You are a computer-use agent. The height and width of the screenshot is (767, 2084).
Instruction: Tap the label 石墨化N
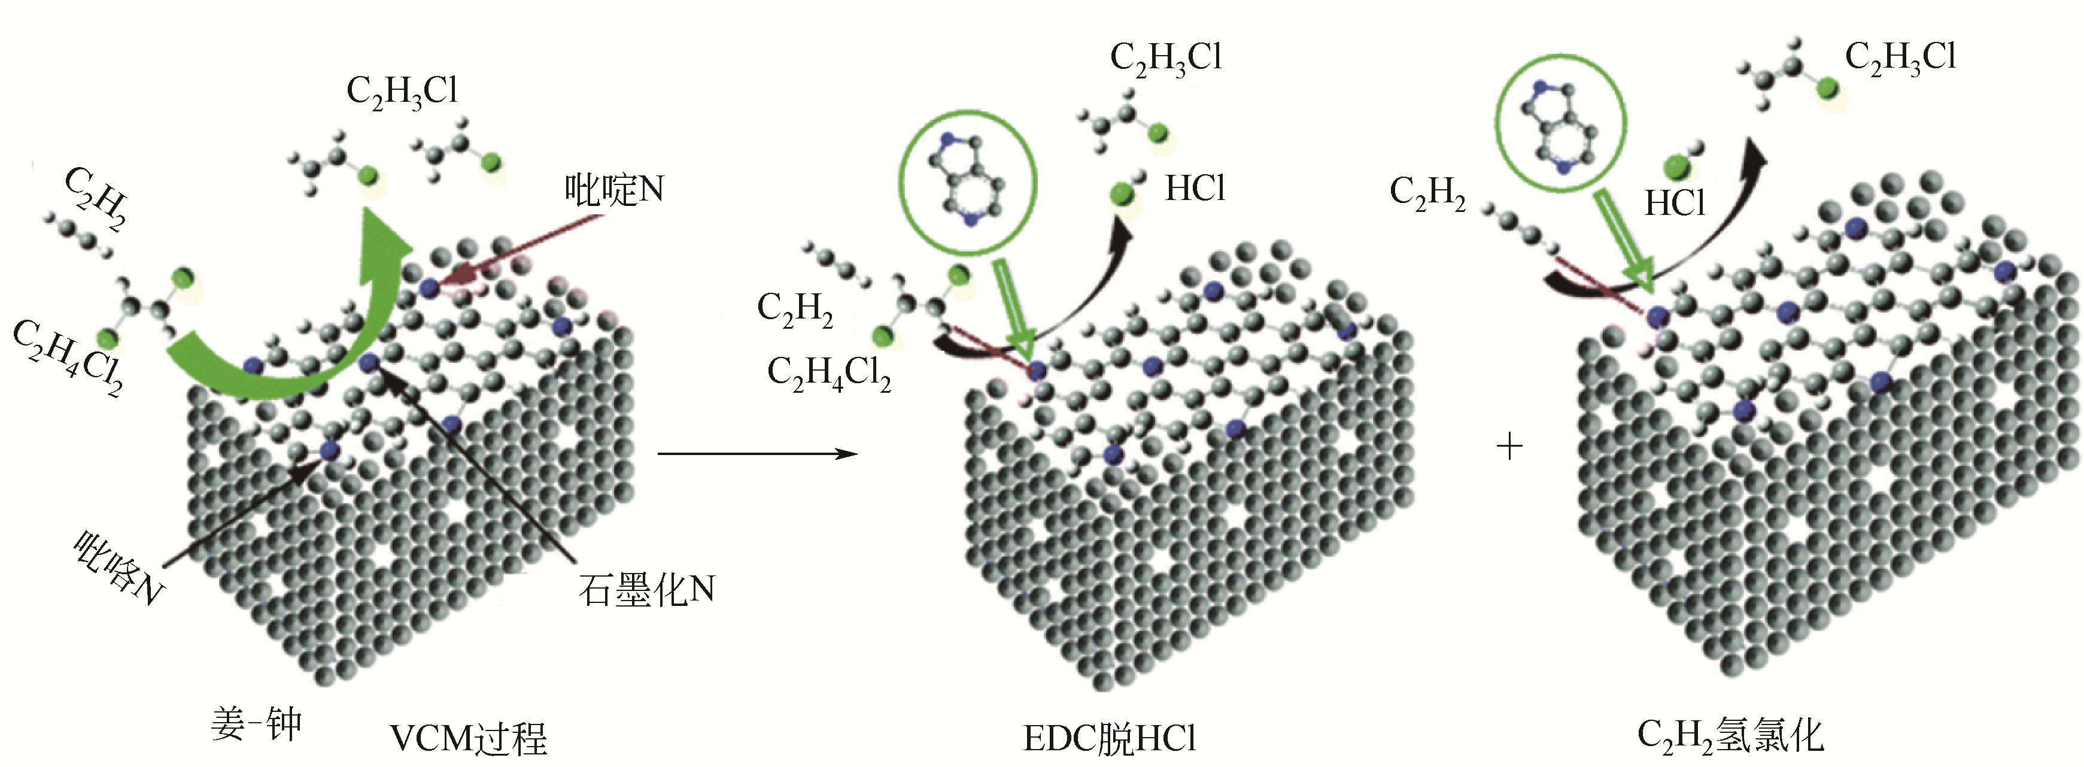click(646, 590)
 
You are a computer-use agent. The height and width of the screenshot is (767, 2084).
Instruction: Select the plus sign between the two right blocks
click(1509, 447)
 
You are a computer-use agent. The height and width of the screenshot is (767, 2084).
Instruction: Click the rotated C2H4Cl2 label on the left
click(69, 357)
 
